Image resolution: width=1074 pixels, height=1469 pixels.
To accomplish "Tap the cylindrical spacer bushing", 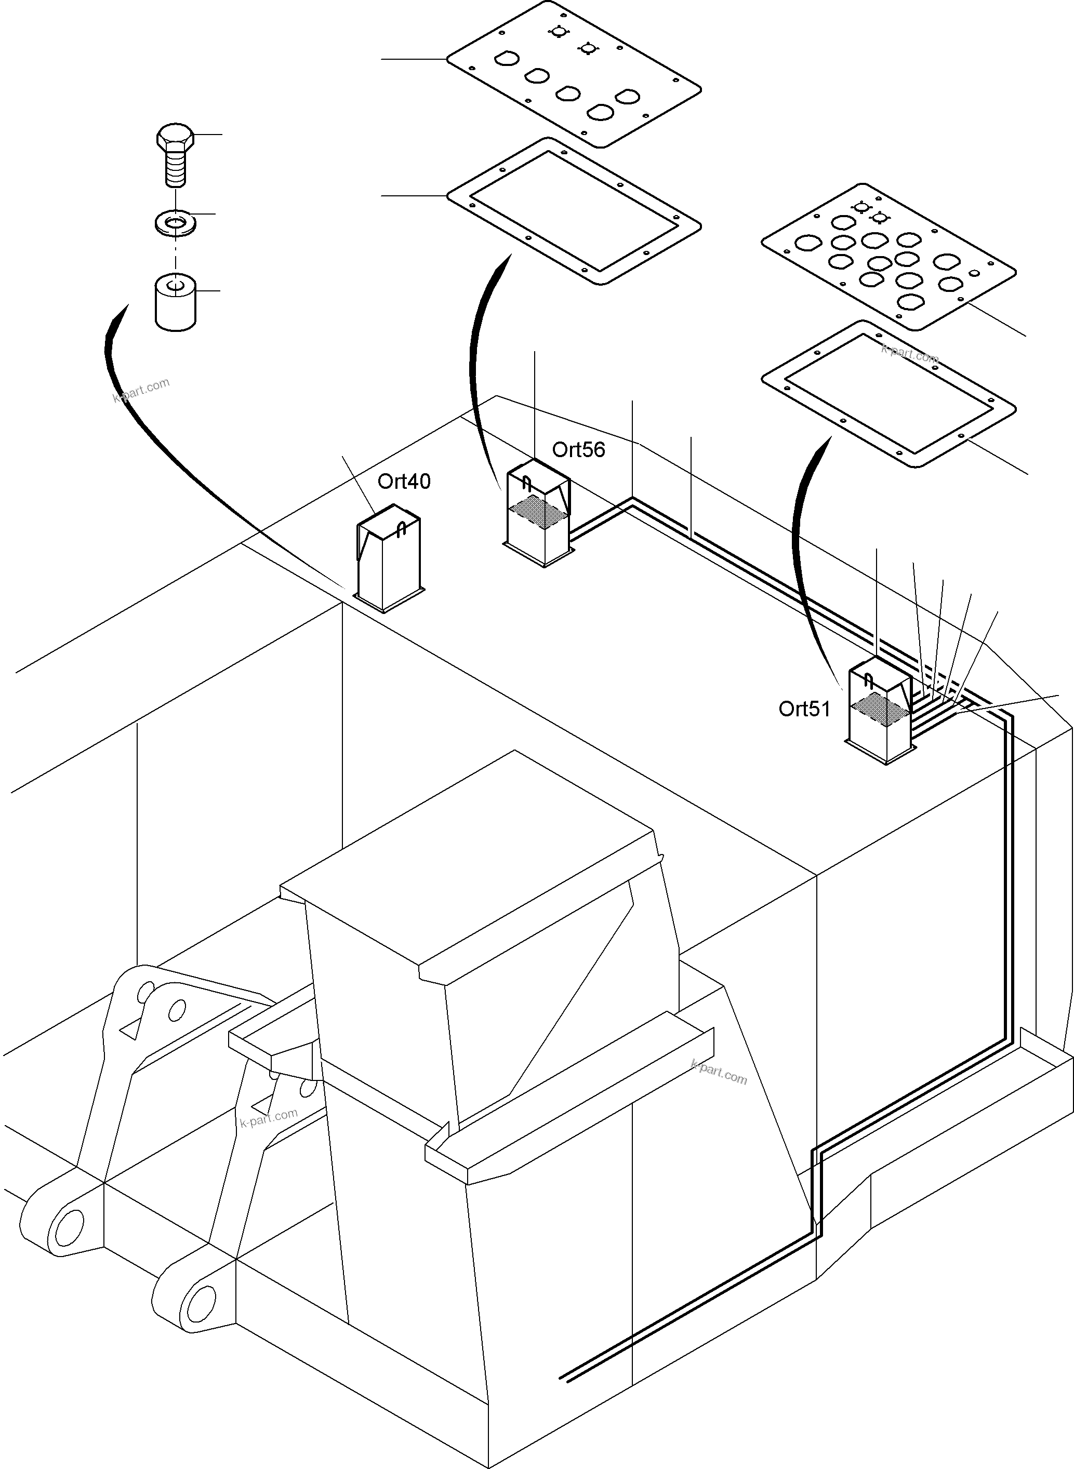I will point(176,302).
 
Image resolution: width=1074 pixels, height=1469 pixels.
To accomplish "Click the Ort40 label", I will point(404,482).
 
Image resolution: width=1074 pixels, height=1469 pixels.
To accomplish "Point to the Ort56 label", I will point(578,450).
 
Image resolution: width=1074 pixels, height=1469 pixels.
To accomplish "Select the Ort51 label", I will point(804,709).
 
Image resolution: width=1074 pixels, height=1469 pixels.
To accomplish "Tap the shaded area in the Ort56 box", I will point(537,509).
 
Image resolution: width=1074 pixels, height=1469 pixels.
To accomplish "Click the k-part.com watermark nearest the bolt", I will point(141,390).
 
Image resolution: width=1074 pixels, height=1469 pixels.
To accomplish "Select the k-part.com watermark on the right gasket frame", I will point(909,354).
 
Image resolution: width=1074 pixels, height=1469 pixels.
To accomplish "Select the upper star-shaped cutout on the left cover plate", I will point(557,31).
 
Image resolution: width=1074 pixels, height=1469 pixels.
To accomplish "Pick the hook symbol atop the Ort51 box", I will point(869,681).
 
